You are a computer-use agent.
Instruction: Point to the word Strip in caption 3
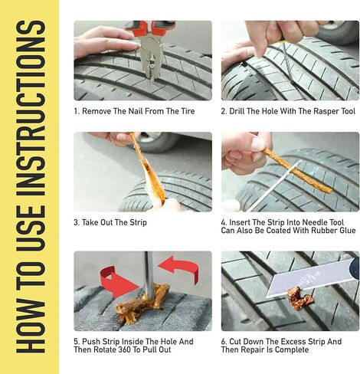pyautogui.click(x=138, y=222)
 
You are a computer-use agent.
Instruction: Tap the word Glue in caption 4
pyautogui.click(x=347, y=231)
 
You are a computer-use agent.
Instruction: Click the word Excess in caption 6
pyautogui.click(x=293, y=342)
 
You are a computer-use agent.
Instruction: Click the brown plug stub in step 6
pyautogui.click(x=299, y=297)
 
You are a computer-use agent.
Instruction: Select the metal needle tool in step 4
pyautogui.click(x=274, y=186)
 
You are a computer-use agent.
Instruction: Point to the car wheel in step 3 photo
pyautogui.click(x=159, y=143)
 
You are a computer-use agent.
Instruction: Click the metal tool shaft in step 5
pyautogui.click(x=149, y=274)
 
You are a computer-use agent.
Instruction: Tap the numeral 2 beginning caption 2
pyautogui.click(x=223, y=111)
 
